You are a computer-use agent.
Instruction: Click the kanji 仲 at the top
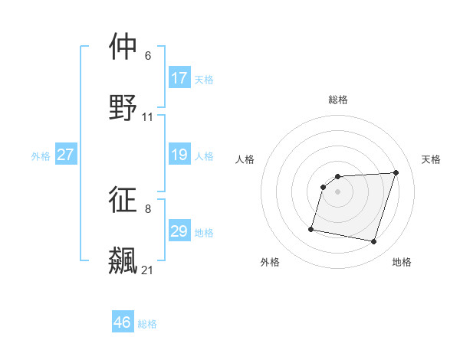click(x=123, y=47)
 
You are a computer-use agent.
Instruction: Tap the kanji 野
click(x=123, y=107)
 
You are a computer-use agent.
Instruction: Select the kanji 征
click(x=123, y=200)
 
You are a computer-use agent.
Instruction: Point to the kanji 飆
click(x=123, y=260)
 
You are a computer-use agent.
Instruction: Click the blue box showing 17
click(x=179, y=77)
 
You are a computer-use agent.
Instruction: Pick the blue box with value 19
click(x=179, y=155)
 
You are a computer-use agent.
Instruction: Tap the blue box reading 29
click(x=179, y=231)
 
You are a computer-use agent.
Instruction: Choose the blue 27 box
click(x=65, y=155)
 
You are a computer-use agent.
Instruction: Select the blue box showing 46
click(x=123, y=322)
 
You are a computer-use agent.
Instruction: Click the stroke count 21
click(x=147, y=270)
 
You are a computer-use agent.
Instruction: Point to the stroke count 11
click(x=147, y=117)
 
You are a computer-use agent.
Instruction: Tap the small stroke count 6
click(x=147, y=56)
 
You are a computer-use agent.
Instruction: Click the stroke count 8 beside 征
click(x=147, y=208)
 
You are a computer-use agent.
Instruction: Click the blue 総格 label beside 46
click(x=147, y=324)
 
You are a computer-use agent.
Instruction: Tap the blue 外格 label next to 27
click(x=41, y=155)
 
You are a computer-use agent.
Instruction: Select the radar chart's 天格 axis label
click(x=432, y=159)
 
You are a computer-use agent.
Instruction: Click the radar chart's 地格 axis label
click(x=402, y=262)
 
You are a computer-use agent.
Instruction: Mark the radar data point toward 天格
click(x=396, y=172)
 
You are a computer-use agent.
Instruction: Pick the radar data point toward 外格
click(x=311, y=228)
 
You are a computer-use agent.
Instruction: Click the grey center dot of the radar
click(x=337, y=191)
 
